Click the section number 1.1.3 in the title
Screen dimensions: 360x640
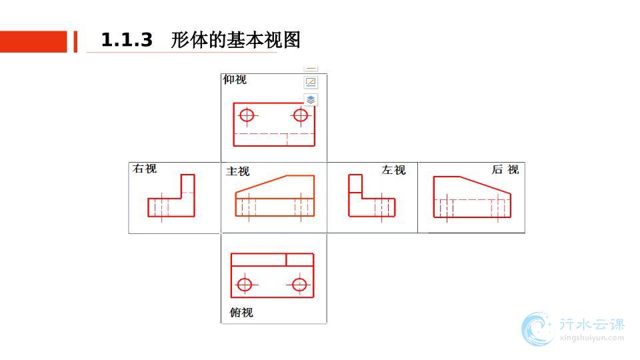pyautogui.click(x=127, y=41)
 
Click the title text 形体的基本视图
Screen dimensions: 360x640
pyautogui.click(x=235, y=41)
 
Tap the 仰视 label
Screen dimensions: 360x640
pyautogui.click(x=235, y=80)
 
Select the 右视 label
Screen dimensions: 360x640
pyautogui.click(x=145, y=169)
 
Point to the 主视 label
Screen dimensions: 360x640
pyautogui.click(x=238, y=171)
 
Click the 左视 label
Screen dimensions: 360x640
pyautogui.click(x=393, y=170)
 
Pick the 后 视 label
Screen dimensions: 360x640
pyautogui.click(x=505, y=169)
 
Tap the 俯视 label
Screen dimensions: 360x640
pyautogui.click(x=241, y=312)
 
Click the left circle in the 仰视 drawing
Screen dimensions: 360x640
pyautogui.click(x=248, y=115)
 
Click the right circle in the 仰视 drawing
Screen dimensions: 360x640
pyautogui.click(x=301, y=115)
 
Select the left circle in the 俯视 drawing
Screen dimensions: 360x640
pyautogui.click(x=245, y=285)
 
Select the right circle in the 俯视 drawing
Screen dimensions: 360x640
pyautogui.click(x=299, y=285)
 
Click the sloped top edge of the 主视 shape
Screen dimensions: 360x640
pyautogui.click(x=261, y=184)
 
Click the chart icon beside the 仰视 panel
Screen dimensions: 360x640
pyautogui.click(x=311, y=82)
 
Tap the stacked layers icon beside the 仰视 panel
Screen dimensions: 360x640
pyautogui.click(x=311, y=100)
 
